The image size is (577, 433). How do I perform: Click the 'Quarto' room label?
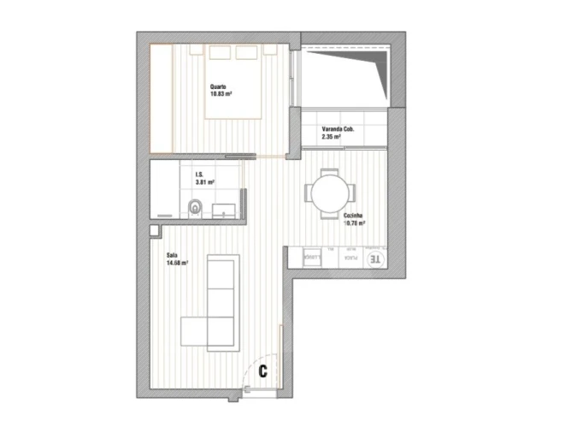pos(217,86)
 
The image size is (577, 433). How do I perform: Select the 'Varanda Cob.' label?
pos(338,129)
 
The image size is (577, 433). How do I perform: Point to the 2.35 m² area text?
pos(332,136)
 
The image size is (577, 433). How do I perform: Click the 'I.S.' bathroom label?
pos(197,175)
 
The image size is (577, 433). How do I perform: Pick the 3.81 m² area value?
pos(204,181)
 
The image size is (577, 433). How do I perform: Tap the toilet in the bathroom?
pos(196,206)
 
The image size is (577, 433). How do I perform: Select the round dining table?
pos(330,191)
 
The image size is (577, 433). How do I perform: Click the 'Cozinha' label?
pos(354,216)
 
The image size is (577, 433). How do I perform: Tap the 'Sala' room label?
pos(172,256)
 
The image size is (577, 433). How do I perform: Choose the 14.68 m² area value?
pos(178,263)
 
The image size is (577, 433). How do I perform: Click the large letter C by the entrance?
pos(263,371)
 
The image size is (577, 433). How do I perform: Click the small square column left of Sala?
pos(154,230)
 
